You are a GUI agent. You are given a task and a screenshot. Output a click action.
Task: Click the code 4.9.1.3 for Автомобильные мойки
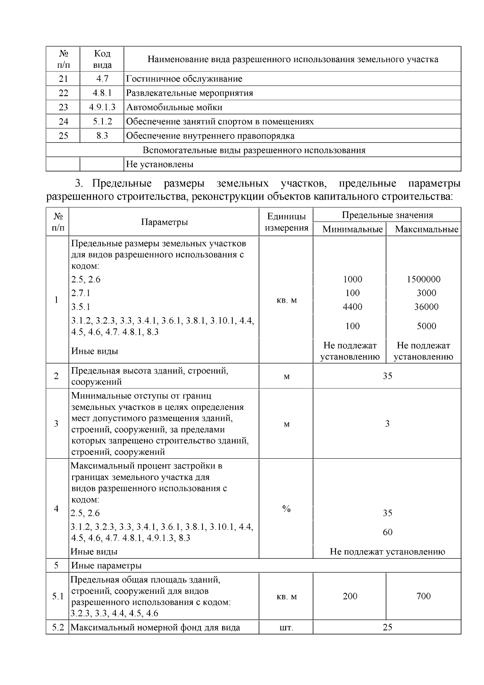[x=102, y=107]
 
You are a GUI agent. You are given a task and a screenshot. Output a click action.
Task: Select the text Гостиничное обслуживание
[x=184, y=79]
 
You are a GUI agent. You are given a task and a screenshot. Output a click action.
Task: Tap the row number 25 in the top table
[x=63, y=136]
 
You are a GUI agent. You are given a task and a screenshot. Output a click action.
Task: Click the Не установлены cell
[x=160, y=165]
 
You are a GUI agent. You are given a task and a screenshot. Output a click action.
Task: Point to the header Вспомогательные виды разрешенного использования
[x=254, y=150]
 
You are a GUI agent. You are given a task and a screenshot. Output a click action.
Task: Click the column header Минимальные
[x=352, y=230]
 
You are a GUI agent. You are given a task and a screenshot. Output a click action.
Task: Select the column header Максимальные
[x=426, y=230]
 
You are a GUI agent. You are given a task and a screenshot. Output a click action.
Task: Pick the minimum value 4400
[x=352, y=307]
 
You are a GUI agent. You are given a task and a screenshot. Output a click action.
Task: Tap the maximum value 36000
[x=426, y=307]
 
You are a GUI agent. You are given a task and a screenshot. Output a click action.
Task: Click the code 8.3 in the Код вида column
[x=102, y=136]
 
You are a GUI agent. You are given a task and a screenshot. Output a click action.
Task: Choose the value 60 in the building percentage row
[x=387, y=533]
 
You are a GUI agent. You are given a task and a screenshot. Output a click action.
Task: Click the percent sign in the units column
[x=286, y=509]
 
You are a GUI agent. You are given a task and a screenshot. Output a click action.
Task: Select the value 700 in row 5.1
[x=423, y=596]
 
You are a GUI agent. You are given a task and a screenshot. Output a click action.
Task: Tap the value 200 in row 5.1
[x=350, y=596]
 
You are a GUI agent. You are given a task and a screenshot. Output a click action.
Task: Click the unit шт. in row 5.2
[x=286, y=628]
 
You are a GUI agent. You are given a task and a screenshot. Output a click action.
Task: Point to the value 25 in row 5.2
[x=387, y=628]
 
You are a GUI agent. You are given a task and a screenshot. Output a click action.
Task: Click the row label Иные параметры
[x=106, y=566]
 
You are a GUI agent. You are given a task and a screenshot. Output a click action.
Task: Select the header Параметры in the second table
[x=164, y=222]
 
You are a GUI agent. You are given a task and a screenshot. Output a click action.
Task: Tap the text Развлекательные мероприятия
[x=190, y=93]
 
